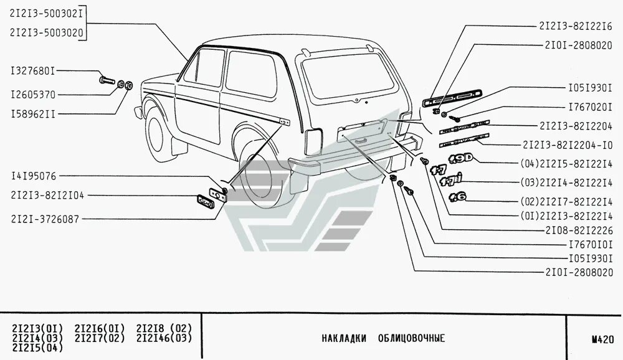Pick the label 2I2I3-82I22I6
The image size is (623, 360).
(x=576, y=26)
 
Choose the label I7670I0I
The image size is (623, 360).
(x=587, y=244)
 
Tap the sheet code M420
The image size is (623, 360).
(x=602, y=339)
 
